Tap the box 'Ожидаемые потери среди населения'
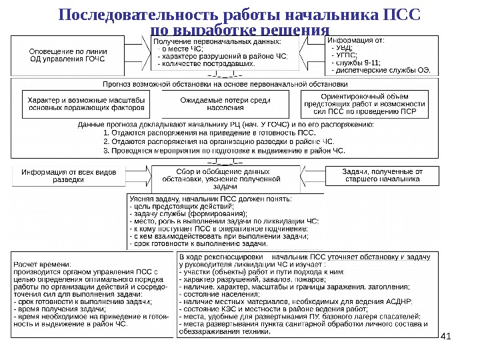(225, 104)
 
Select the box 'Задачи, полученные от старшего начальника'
(382, 175)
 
